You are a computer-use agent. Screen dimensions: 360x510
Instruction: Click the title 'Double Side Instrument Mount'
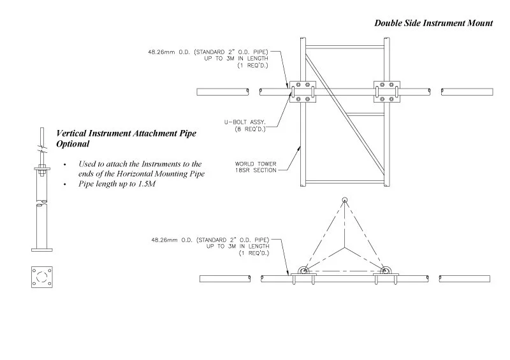[433, 23]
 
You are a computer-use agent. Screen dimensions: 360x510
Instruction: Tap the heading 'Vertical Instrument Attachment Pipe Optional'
[126, 138]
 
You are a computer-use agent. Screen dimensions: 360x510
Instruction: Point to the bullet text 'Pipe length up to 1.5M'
[117, 184]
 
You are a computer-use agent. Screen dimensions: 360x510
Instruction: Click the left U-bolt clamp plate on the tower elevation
[300, 91]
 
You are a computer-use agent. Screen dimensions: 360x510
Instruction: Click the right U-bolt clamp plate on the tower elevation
[386, 91]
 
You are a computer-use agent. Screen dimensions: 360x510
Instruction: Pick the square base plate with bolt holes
[41, 276]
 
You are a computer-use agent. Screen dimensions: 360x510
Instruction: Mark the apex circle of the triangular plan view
[344, 201]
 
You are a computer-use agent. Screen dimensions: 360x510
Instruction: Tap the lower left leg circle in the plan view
[303, 271]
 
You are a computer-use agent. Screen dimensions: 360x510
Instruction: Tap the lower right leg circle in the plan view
[384, 271]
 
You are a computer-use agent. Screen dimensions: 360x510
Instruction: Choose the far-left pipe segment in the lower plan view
[224, 279]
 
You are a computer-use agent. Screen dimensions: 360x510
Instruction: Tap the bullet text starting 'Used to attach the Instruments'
[140, 169]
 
